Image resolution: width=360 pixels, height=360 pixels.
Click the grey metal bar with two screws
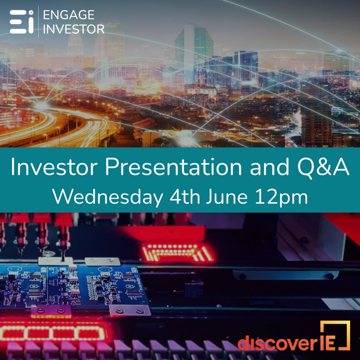[285, 275]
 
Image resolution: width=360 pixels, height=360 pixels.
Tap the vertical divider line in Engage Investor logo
[38, 22]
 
